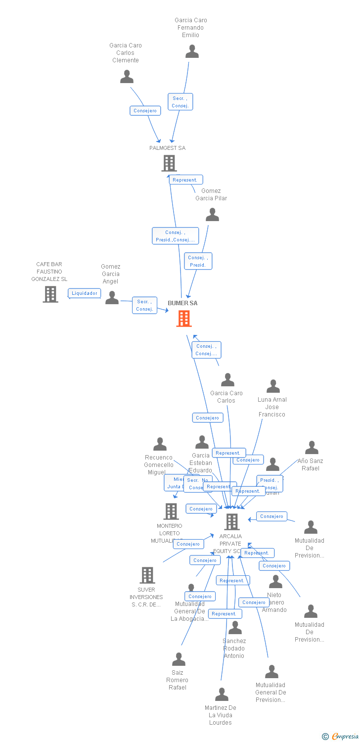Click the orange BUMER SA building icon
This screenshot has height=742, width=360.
tap(184, 319)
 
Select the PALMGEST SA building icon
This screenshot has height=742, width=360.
tap(169, 163)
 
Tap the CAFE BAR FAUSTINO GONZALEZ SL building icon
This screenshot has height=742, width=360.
tap(50, 294)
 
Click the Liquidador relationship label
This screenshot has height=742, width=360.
tap(85, 293)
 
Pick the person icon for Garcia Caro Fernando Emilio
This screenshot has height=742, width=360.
tap(192, 51)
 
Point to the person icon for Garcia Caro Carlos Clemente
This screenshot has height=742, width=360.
tap(127, 77)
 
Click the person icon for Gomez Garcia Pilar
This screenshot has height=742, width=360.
tap(212, 215)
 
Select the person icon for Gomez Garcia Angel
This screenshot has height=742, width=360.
tap(112, 298)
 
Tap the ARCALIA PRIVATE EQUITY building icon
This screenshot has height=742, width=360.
tap(231, 521)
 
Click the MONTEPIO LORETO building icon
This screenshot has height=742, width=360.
tap(171, 511)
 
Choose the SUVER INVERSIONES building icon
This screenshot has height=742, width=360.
tap(147, 575)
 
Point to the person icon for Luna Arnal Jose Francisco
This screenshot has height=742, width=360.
tap(273, 386)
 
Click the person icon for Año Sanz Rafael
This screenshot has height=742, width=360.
tap(312, 448)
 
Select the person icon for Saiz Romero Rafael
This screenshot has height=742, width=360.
tap(179, 659)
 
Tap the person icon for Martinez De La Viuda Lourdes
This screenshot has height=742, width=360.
tap(222, 695)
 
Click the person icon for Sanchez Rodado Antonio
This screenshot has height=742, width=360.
tap(235, 628)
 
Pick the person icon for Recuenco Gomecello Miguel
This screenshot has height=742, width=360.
tap(160, 444)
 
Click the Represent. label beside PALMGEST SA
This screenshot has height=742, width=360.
tap(185, 180)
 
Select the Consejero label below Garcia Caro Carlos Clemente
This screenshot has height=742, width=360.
tap(145, 111)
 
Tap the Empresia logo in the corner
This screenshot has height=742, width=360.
tap(341, 737)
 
